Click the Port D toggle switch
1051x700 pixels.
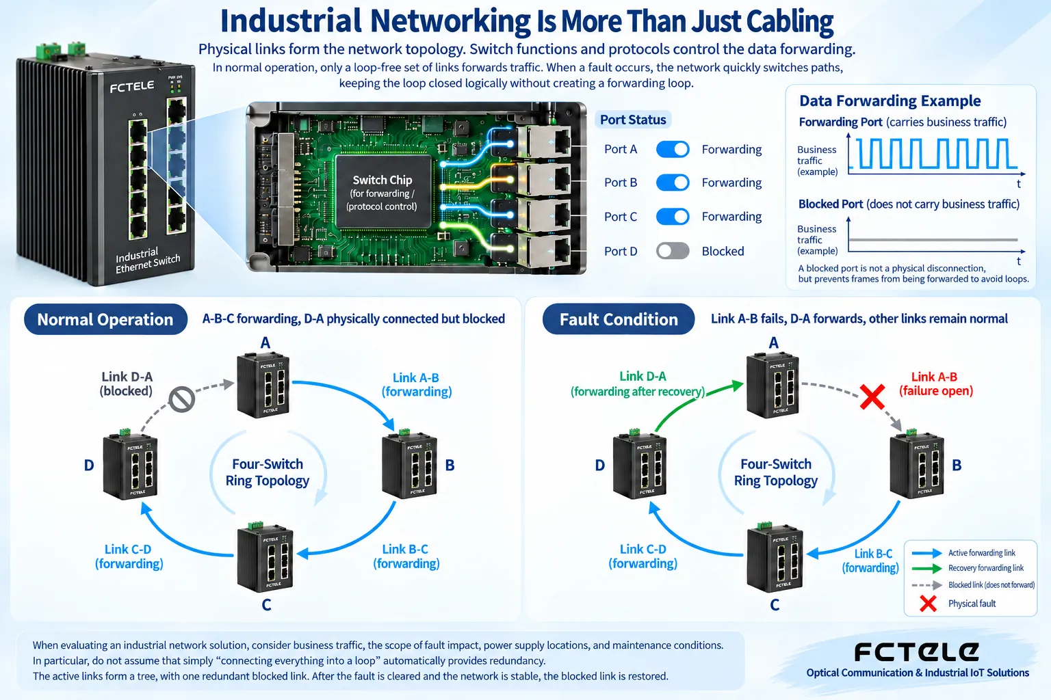pos(673,251)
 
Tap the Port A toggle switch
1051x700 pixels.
pos(673,150)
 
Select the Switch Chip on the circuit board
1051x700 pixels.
pos(383,193)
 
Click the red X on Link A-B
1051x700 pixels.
pos(872,396)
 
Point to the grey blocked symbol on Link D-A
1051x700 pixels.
pos(182,399)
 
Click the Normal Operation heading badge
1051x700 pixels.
pos(105,319)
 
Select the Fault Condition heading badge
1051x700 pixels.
pos(619,319)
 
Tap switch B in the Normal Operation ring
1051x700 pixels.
pos(409,466)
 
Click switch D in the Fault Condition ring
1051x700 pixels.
pos(640,464)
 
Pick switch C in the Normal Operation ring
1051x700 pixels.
pos(265,557)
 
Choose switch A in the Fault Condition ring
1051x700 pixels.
pos(773,384)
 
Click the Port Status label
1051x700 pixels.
pos(633,120)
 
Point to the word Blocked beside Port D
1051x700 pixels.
pos(723,252)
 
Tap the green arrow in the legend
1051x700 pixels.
pos(926,568)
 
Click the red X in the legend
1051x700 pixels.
pos(928,604)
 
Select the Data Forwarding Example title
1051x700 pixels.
pos(890,100)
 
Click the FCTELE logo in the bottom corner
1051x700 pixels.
pos(916,652)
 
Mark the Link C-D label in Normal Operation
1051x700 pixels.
pos(129,556)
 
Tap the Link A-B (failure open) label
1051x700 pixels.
pos(935,384)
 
